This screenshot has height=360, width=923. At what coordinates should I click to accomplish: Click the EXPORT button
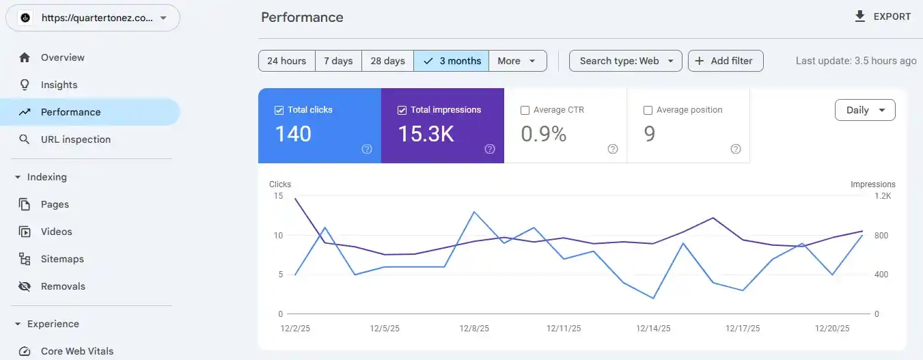883,17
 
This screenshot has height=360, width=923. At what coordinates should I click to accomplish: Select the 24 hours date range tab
286,61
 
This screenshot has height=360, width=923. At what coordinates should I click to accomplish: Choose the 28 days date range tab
387,61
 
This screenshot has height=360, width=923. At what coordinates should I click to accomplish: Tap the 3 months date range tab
452,61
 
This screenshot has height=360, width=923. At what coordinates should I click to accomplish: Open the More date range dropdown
518,61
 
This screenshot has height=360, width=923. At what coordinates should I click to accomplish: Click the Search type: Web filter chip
626,61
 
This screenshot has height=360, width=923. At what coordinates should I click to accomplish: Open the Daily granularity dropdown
865,110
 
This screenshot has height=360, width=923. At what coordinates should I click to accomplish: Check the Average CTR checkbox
525,110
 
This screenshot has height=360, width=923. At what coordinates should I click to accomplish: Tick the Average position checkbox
648,110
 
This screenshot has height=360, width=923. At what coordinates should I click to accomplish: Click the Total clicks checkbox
279,110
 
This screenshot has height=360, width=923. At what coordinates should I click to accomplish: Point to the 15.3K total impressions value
426,134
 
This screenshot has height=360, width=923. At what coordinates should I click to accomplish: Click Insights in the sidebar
59,85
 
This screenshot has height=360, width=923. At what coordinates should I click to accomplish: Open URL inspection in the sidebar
75,139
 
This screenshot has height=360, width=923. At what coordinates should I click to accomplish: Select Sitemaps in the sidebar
62,259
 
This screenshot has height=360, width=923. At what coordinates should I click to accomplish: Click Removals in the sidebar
63,286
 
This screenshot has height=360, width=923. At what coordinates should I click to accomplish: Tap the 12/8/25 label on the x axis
474,329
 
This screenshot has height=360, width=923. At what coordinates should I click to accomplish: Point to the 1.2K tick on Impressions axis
883,196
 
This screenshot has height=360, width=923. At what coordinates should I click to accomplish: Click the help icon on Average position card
736,149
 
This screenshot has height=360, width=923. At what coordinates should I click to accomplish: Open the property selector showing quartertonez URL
93,18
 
